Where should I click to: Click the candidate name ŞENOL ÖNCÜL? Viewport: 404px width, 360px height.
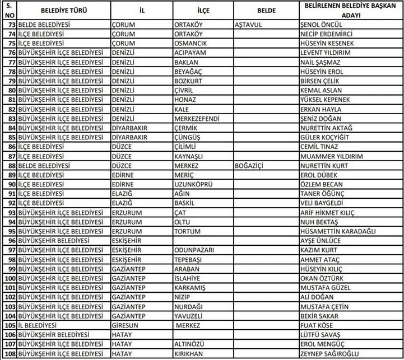point(320,25)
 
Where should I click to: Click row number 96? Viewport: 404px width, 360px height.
point(10,241)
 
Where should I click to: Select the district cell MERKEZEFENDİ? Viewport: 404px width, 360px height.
point(197,119)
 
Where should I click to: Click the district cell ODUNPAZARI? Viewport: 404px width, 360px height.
point(194,250)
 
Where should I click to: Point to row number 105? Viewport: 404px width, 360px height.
point(10,325)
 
